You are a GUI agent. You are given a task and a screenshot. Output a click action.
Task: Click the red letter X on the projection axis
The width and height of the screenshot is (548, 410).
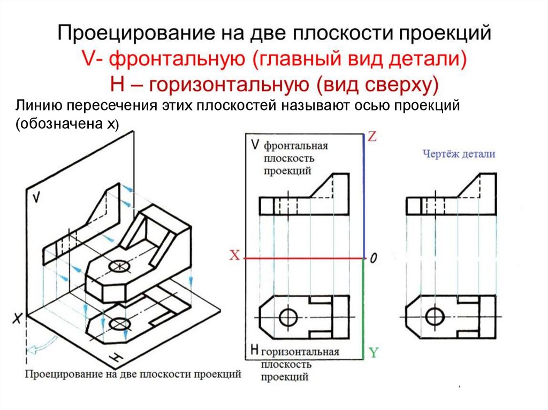pyautogui.click(x=234, y=256)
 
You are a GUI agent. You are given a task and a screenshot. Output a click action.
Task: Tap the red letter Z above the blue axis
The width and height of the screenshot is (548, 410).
pyautogui.click(x=372, y=137)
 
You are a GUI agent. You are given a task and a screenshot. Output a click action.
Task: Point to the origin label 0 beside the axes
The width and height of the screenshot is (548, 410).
pyautogui.click(x=374, y=259)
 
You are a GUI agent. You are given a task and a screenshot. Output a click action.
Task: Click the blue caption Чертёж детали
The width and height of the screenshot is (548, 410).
pyautogui.click(x=459, y=154)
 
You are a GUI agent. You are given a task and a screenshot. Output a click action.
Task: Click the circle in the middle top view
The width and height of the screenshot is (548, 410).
pyautogui.click(x=289, y=316)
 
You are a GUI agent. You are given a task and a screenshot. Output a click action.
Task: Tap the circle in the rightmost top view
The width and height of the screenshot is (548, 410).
pyautogui.click(x=435, y=316)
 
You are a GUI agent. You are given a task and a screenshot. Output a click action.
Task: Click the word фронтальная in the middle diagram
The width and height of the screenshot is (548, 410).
pyautogui.click(x=295, y=146)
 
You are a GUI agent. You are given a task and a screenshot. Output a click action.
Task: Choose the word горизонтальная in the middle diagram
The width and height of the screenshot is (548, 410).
pyautogui.click(x=300, y=352)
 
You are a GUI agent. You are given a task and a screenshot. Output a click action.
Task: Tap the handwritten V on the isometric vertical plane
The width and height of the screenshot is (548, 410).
pyautogui.click(x=36, y=197)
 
